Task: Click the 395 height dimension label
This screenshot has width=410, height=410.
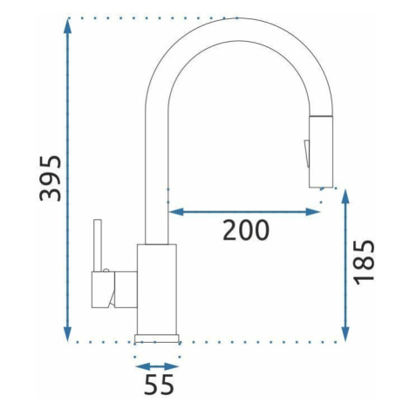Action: pos(51,179)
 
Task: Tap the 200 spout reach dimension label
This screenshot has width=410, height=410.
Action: pos(246,230)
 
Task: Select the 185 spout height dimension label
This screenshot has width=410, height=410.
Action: pos(364,263)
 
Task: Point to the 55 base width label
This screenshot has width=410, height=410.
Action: pos(159,384)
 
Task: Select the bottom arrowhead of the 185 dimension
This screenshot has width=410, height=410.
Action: pos(345,332)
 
